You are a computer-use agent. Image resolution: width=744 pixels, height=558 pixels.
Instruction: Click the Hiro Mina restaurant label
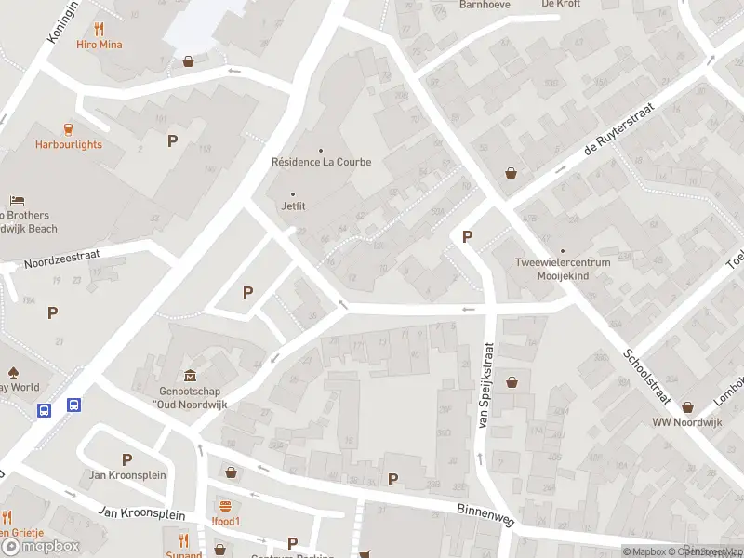pyautogui.click(x=100, y=45)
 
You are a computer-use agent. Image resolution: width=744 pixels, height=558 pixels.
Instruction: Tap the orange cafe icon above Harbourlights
pyautogui.click(x=68, y=128)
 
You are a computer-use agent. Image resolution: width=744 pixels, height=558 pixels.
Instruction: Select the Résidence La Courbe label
pyautogui.click(x=321, y=162)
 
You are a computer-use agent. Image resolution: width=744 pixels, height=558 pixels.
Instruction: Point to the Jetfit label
pyautogui.click(x=294, y=207)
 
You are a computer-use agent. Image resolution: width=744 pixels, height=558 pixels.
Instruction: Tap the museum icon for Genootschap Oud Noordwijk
pyautogui.click(x=190, y=376)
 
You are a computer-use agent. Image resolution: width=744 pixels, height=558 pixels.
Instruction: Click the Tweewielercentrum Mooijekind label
pyautogui.click(x=563, y=269)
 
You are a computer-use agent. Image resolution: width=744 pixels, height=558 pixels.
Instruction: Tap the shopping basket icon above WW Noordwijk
pyautogui.click(x=687, y=406)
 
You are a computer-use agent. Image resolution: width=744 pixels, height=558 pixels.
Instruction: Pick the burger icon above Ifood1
pyautogui.click(x=225, y=506)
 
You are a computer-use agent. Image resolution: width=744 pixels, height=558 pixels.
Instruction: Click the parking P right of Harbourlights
pyautogui.click(x=171, y=141)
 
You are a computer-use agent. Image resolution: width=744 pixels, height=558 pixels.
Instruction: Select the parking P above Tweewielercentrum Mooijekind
pyautogui.click(x=467, y=237)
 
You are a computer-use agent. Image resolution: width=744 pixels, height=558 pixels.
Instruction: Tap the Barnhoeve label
pyautogui.click(x=484, y=5)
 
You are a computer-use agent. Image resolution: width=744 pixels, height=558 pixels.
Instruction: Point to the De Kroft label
pyautogui.click(x=561, y=5)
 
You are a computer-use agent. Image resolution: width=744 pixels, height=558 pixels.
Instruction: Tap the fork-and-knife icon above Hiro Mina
pyautogui.click(x=100, y=29)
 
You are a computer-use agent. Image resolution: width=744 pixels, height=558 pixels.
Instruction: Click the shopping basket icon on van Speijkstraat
pyautogui.click(x=511, y=381)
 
